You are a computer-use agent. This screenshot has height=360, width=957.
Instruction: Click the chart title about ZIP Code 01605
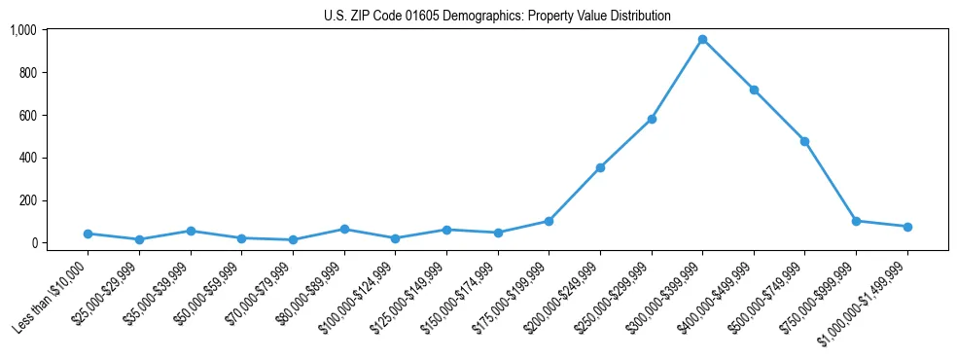[497, 17]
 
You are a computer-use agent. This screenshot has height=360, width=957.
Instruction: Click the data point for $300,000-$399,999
[702, 40]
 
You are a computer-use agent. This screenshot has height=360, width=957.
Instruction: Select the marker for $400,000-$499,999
[754, 90]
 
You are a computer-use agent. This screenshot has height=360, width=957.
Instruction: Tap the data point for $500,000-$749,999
[804, 141]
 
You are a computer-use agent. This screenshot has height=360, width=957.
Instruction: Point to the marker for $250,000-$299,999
[652, 119]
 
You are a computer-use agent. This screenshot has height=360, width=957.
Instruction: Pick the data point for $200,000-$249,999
[600, 167]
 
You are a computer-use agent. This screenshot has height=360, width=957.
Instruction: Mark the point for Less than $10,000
[89, 234]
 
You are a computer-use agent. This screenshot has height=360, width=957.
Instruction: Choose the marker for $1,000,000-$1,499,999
[907, 227]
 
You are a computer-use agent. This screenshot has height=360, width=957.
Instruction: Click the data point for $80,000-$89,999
[344, 229]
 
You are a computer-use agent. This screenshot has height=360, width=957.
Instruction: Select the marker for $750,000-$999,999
[856, 221]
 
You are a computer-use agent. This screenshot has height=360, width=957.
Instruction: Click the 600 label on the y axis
[27, 115]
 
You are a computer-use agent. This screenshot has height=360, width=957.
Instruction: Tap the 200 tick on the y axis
[27, 200]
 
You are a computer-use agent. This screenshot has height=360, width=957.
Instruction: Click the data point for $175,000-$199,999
[549, 221]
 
